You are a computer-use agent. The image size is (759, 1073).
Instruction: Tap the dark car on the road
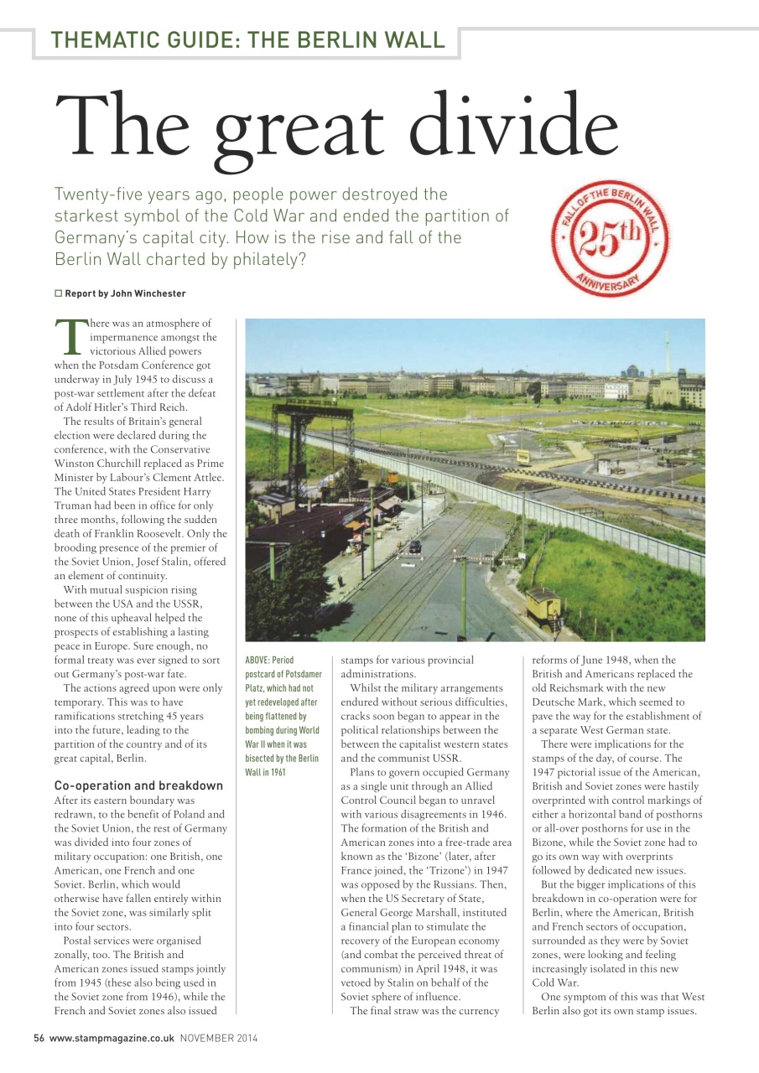point(415,547)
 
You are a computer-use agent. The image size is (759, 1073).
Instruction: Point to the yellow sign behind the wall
point(523,457)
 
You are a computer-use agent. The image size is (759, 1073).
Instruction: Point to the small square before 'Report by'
point(59,293)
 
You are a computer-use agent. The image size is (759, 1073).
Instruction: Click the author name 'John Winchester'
point(149,293)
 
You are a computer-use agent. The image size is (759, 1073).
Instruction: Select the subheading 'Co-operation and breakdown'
point(138,785)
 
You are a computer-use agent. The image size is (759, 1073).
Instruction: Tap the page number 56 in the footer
point(39,1038)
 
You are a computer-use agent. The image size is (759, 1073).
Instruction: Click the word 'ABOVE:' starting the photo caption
point(258,661)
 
